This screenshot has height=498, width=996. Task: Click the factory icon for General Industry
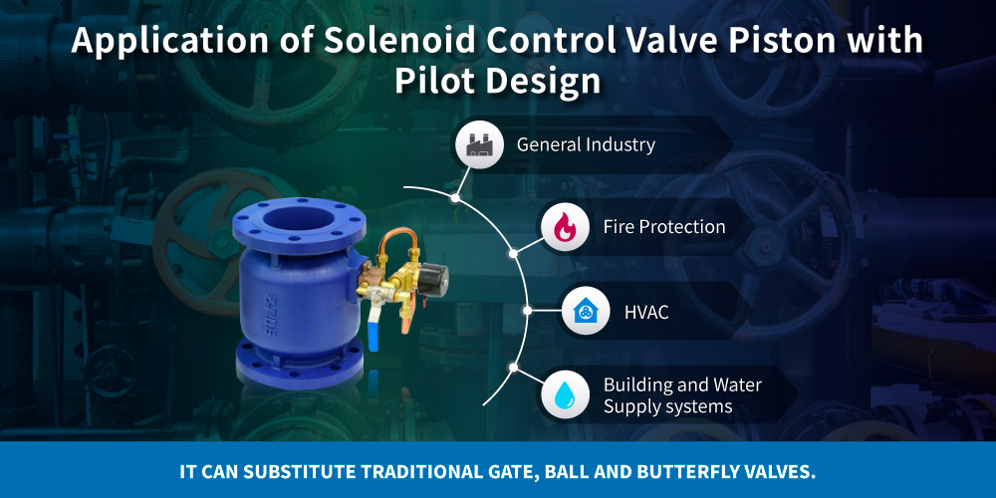pyautogui.click(x=474, y=144)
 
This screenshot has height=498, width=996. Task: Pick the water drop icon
pyautogui.click(x=563, y=395)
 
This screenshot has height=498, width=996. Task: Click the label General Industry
pyautogui.click(x=586, y=144)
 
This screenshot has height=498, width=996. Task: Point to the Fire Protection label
pyautogui.click(x=664, y=227)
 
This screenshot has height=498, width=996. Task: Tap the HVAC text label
pyautogui.click(x=646, y=313)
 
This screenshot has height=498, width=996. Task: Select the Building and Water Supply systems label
pyautogui.click(x=682, y=395)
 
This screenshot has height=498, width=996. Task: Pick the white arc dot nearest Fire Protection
pyautogui.click(x=513, y=253)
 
